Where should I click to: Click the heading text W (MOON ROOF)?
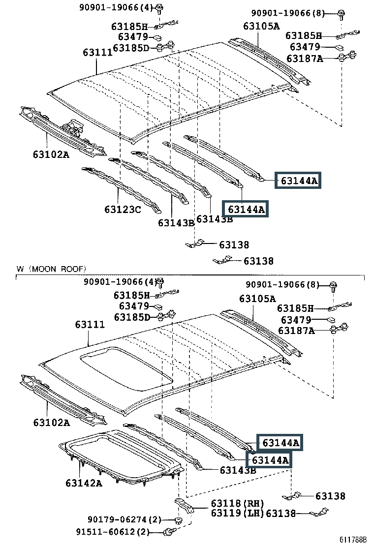coord(51,269)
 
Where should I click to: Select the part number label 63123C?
coord(123,210)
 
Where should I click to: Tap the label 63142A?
coord(84,483)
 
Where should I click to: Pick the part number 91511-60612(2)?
coord(118,532)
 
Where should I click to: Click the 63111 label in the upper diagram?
coord(97,52)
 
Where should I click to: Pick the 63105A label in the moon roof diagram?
coord(257,299)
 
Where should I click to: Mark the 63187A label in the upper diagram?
coord(305,58)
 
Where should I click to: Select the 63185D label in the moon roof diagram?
coord(131,317)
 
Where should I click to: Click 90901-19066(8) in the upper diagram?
coord(288,13)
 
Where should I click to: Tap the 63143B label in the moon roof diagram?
coord(238,470)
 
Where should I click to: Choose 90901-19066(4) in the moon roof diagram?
coord(120,282)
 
